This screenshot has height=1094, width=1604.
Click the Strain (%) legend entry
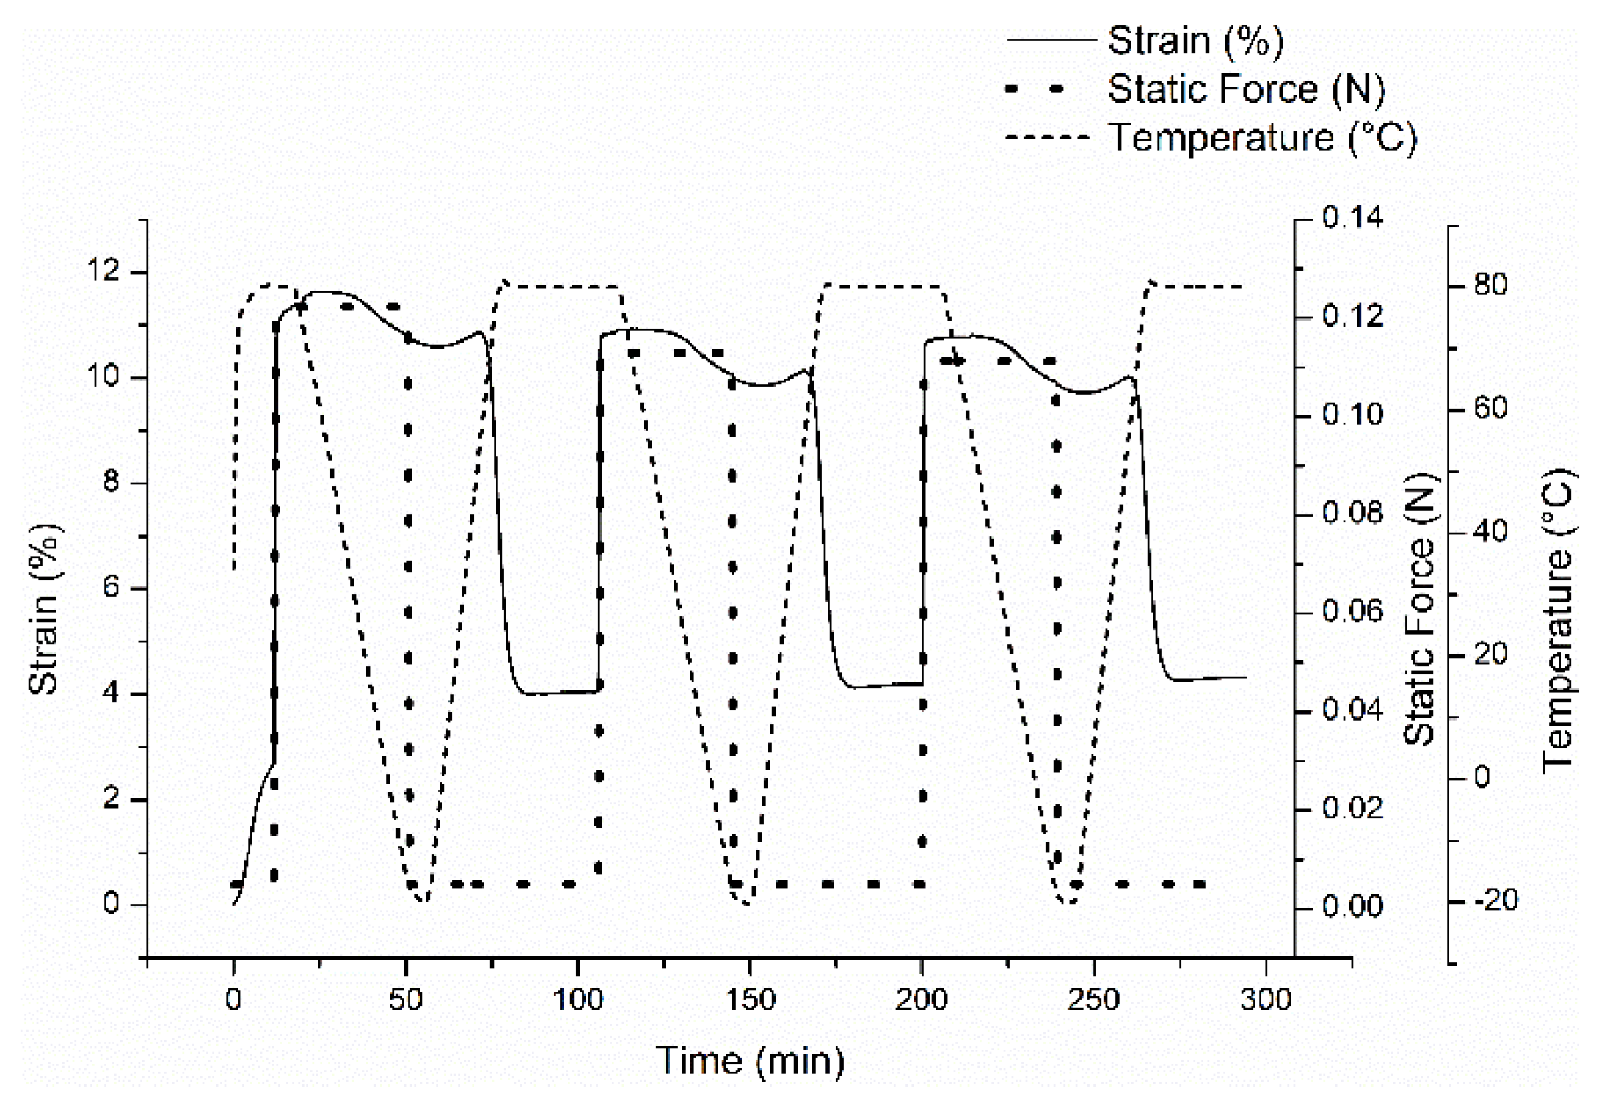point(1195,40)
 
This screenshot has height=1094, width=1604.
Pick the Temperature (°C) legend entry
point(1262,137)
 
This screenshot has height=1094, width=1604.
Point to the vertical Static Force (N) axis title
point(1421,609)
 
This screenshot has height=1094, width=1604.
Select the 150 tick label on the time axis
point(749,999)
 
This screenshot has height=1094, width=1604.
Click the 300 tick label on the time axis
point(1266,999)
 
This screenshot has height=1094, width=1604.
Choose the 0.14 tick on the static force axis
point(1352,218)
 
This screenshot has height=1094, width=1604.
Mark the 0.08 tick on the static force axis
point(1352,513)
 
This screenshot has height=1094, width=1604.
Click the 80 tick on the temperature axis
point(1490,285)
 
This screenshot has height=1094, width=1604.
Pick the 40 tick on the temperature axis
point(1490,530)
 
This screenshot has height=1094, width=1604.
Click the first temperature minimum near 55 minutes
point(423,902)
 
